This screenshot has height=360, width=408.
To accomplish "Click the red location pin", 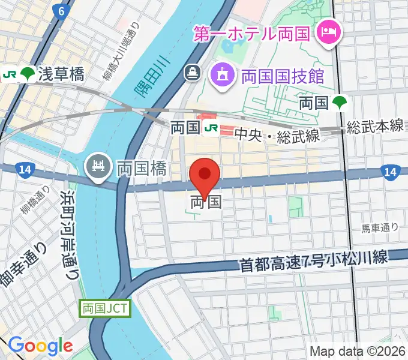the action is click(x=205, y=176).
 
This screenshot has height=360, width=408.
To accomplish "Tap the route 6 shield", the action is click(x=58, y=11).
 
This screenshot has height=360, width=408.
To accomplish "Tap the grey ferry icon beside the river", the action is click(x=193, y=73).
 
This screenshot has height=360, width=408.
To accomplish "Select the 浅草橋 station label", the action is click(x=61, y=74).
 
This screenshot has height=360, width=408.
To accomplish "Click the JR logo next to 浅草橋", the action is click(x=10, y=74).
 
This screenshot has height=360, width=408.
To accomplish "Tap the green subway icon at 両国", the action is click(x=340, y=103).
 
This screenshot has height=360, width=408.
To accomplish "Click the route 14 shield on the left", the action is click(x=24, y=170).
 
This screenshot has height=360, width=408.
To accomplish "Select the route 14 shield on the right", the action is click(x=390, y=172).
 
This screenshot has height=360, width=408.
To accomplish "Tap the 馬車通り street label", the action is click(x=379, y=227).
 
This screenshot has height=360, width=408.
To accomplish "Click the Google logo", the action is click(x=40, y=346).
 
